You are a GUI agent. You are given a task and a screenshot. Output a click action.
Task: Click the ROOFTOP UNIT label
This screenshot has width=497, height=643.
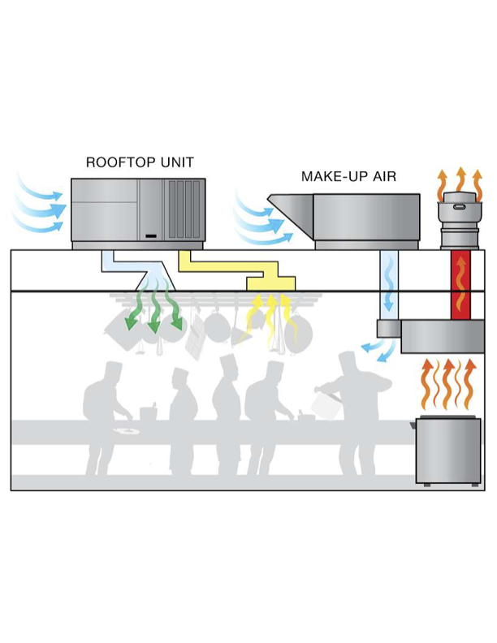[x=140, y=162]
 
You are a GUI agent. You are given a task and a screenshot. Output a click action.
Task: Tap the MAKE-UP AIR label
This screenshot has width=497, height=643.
[x=348, y=176]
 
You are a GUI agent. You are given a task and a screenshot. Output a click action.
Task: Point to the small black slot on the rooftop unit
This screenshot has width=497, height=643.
[x=149, y=236]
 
